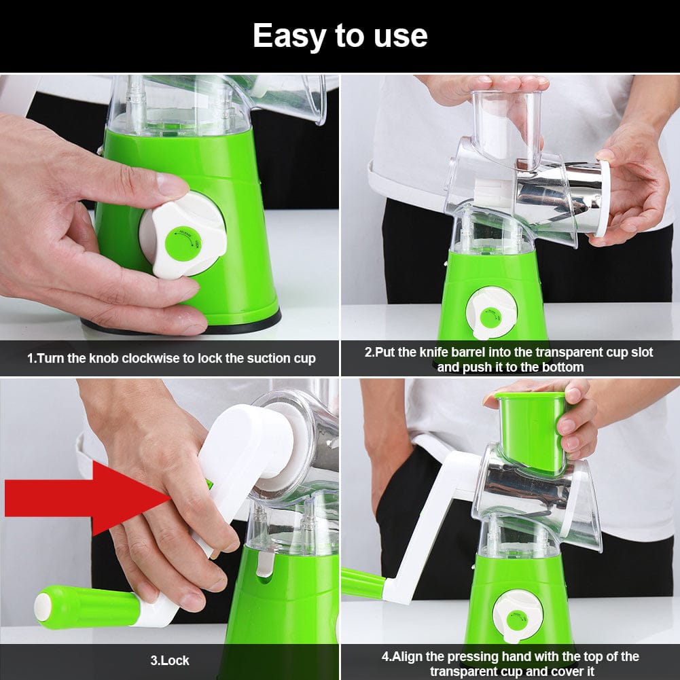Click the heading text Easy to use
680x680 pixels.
[x=340, y=35]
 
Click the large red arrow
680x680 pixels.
[x=82, y=498]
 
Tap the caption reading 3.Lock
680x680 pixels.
[x=170, y=660]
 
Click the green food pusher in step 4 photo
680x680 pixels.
[x=531, y=431]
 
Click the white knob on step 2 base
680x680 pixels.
[x=491, y=313]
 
